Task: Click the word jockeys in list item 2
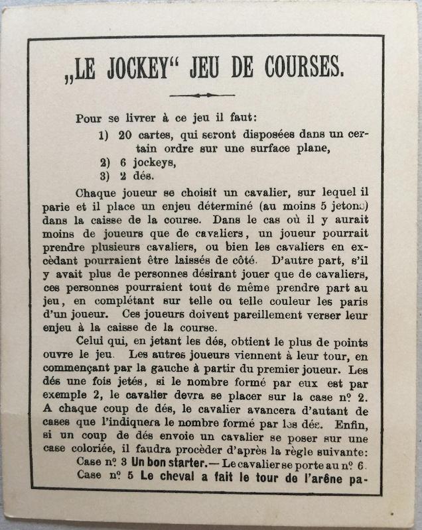tap(143, 162)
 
